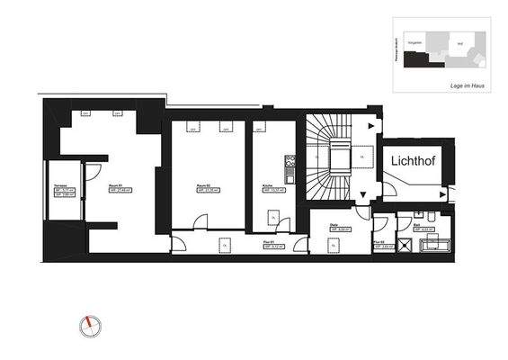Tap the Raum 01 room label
point(115,187)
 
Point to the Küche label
point(267,187)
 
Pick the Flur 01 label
point(268,243)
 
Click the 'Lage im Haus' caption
point(468,83)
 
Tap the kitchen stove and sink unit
point(290,166)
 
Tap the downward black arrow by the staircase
point(363,193)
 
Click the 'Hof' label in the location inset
point(459,42)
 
